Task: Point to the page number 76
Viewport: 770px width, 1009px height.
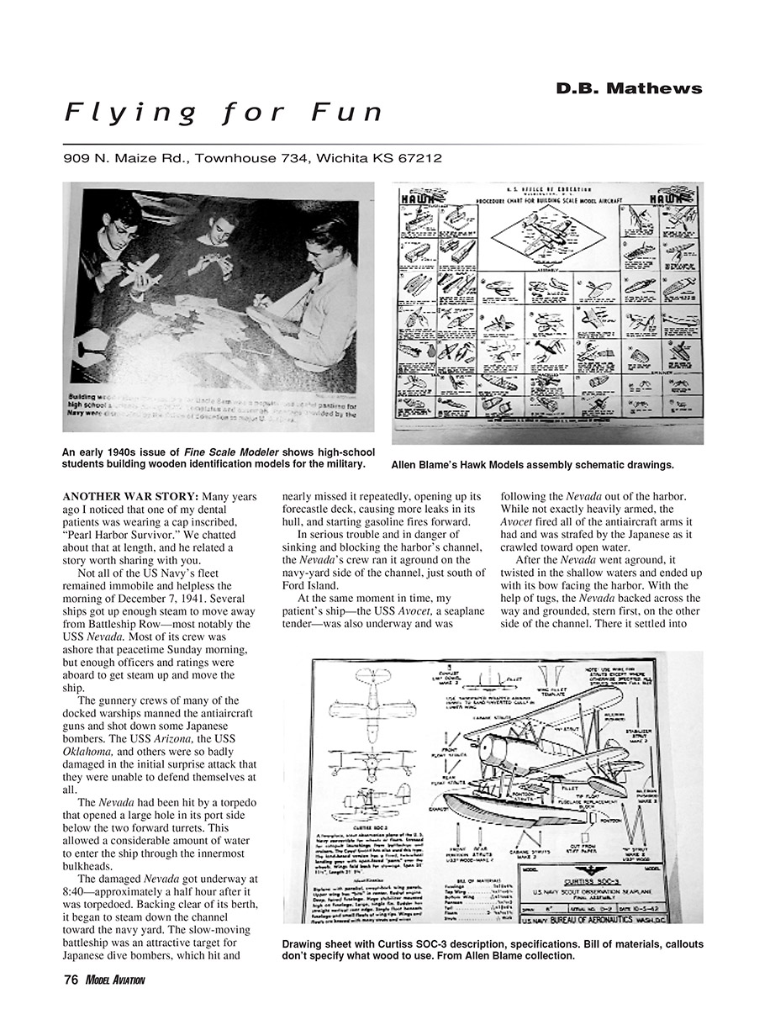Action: (x=71, y=980)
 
